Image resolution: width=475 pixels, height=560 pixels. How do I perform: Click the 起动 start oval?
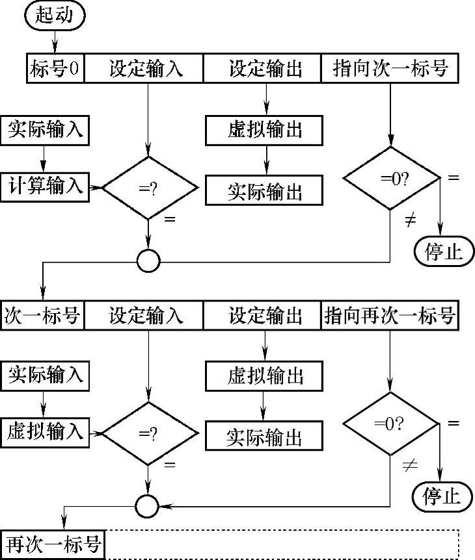[55, 16]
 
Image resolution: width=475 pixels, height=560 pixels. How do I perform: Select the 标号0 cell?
[55, 68]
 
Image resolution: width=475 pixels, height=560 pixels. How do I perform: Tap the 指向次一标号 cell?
[390, 68]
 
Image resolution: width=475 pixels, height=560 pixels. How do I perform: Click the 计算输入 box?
[45, 187]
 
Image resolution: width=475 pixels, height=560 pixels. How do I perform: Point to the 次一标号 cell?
[42, 315]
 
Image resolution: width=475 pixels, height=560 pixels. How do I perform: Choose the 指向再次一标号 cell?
[390, 315]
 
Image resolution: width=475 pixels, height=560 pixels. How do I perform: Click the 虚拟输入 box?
[45, 433]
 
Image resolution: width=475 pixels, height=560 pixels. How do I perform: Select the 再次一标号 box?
[53, 545]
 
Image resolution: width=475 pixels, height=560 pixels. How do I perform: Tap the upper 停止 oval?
[444, 251]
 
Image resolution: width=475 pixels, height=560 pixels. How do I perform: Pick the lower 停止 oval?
[442, 496]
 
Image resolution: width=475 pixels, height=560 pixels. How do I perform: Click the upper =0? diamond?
[391, 178]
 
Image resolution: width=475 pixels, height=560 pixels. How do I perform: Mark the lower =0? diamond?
[390, 424]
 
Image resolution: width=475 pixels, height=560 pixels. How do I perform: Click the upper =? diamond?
[150, 188]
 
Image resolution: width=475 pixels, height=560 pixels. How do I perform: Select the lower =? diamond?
[150, 433]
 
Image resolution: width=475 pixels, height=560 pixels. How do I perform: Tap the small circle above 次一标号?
[148, 261]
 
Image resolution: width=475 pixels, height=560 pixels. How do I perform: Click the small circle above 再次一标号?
[147, 506]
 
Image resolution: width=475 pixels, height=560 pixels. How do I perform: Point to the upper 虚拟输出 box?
[264, 131]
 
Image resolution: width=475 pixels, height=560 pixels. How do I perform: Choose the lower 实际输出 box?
[264, 436]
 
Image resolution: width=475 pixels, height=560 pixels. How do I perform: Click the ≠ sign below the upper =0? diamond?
[411, 220]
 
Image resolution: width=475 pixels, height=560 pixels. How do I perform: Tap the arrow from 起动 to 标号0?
[55, 42]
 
